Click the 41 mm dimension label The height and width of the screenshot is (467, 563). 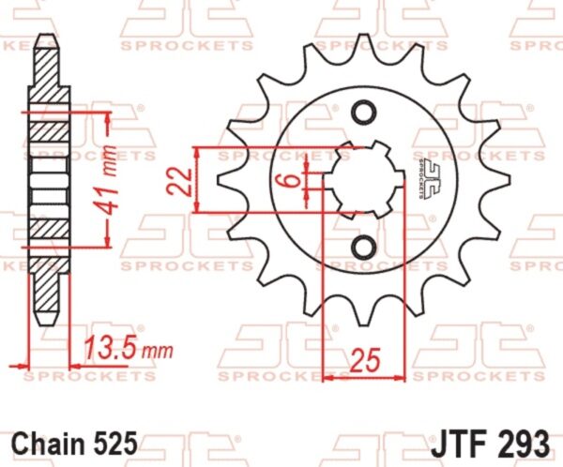coord(109,179)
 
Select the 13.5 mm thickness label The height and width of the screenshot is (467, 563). coord(129,348)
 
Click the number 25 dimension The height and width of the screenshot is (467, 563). coord(365,360)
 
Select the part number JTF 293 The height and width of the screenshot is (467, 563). coord(490,443)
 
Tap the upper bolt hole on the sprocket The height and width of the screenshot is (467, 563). coord(364,113)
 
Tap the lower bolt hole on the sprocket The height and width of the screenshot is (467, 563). coord(364,247)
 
